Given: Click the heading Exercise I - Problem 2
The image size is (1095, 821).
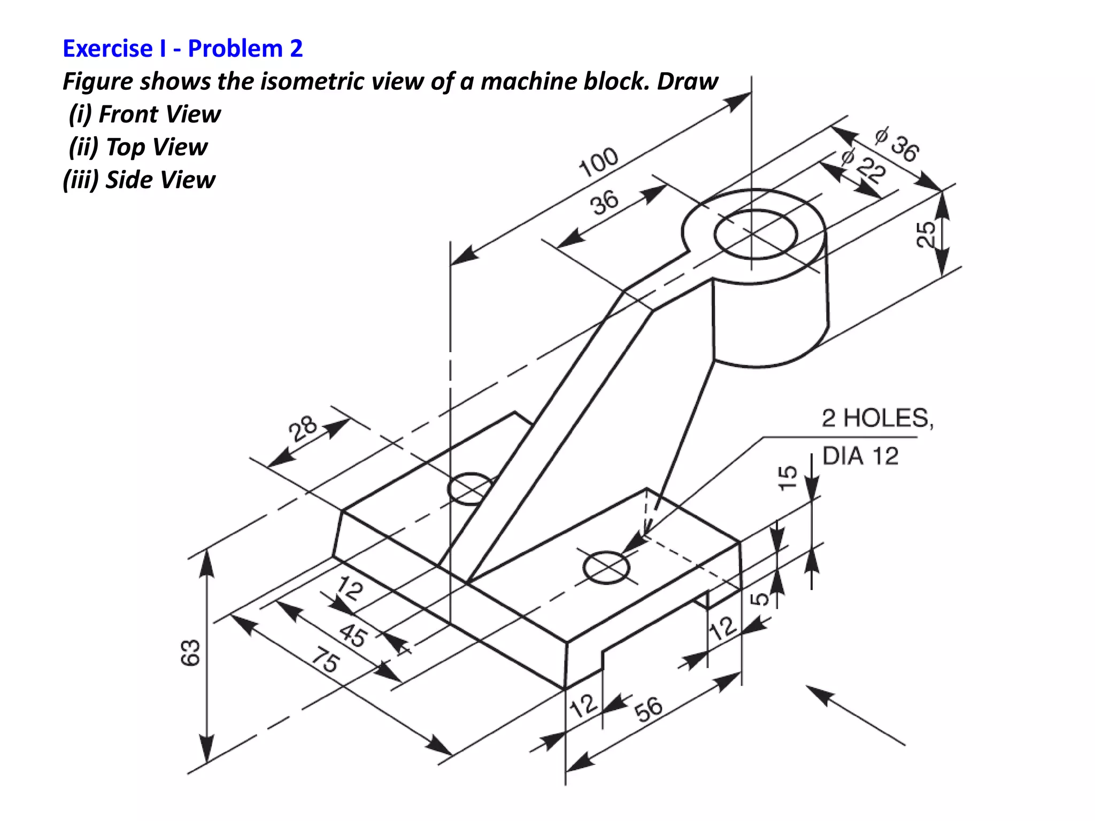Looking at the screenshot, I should pyautogui.click(x=182, y=49).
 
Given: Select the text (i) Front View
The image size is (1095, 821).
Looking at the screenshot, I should pyautogui.click(x=144, y=114).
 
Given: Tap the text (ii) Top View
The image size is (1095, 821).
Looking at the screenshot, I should pyautogui.click(x=138, y=147).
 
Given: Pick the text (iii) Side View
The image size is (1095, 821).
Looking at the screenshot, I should pyautogui.click(x=139, y=180).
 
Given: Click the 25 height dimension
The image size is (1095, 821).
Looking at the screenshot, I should pyautogui.click(x=926, y=234).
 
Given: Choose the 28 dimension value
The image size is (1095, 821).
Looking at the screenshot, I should pyautogui.click(x=303, y=428).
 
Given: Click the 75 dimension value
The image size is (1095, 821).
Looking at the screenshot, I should pyautogui.click(x=325, y=659).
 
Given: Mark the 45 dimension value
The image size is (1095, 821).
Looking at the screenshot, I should pyautogui.click(x=353, y=634).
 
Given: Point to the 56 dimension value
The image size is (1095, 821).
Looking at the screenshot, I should pyautogui.click(x=648, y=709).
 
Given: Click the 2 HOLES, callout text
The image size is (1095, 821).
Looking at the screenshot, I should pyautogui.click(x=877, y=418).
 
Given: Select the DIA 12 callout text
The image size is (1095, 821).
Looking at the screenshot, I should pyautogui.click(x=860, y=456).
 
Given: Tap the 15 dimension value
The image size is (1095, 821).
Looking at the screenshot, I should pyautogui.click(x=787, y=477).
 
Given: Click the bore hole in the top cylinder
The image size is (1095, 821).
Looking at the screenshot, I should pyautogui.click(x=755, y=234).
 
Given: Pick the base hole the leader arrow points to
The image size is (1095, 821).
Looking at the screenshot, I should pyautogui.click(x=606, y=568).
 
